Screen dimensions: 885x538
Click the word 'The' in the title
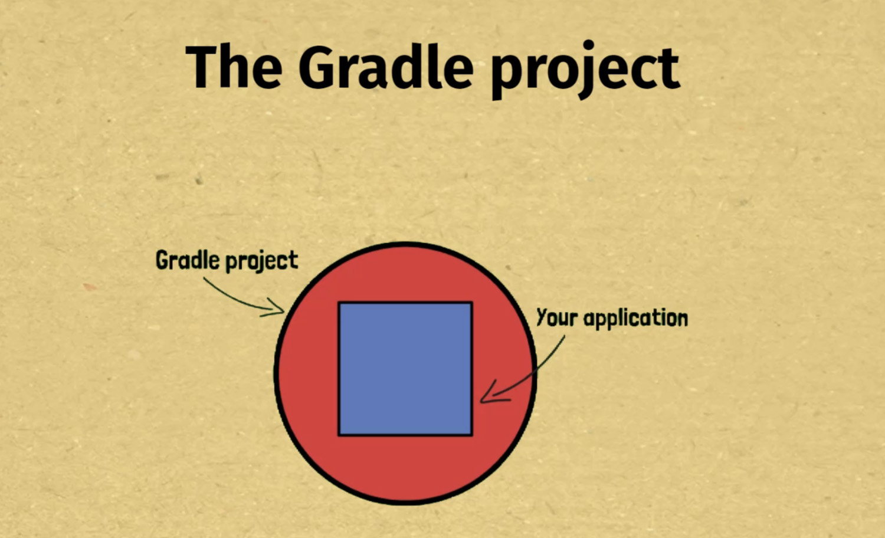(234, 67)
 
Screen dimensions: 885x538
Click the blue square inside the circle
(405, 369)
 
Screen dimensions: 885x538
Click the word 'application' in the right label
(635, 319)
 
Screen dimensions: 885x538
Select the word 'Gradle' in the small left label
(187, 260)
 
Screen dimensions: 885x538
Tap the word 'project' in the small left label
(261, 261)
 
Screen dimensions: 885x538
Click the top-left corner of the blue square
(339, 303)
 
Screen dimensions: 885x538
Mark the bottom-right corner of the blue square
(472, 435)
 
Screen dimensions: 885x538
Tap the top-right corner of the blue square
(472, 303)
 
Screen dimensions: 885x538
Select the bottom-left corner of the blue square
(339, 435)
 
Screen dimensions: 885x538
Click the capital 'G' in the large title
(316, 67)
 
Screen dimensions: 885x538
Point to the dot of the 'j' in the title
(588, 45)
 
